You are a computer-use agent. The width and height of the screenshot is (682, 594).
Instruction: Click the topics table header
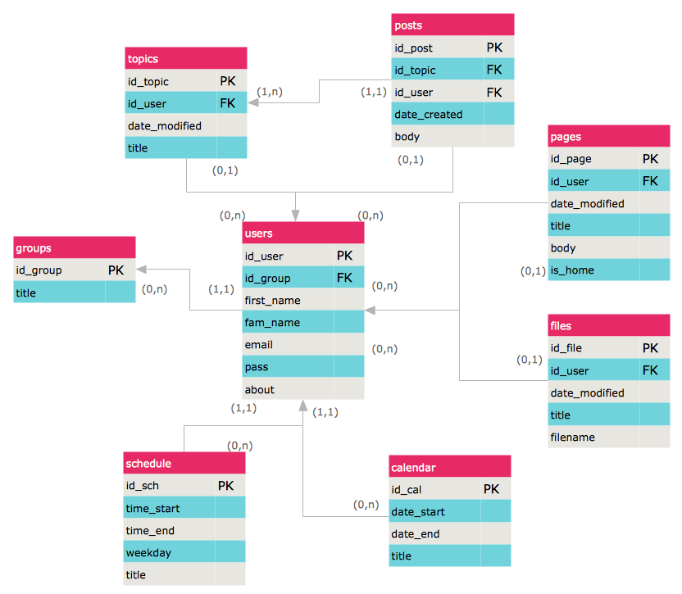pos(186,58)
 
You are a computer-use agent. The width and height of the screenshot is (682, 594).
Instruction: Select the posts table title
pos(408,25)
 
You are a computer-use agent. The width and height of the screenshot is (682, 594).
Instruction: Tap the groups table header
pos(75,247)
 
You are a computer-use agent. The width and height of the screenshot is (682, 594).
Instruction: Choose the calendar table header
pos(450,466)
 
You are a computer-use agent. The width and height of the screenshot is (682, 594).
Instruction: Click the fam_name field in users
pos(272,322)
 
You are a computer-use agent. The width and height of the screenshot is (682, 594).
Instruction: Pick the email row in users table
pos(303,344)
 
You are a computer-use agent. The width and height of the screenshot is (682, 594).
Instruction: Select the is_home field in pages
pos(572,270)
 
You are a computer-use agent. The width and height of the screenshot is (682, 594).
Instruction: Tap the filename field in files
pos(572,437)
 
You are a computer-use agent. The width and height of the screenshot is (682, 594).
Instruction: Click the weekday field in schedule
pos(148,553)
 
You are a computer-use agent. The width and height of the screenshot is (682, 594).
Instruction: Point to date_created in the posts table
pos(429,115)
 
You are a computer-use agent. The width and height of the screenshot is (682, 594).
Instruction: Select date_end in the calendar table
pos(416,533)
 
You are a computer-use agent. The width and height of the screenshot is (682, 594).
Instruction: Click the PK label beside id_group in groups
pos(116,270)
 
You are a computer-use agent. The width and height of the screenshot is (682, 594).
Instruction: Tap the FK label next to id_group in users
pos(344,278)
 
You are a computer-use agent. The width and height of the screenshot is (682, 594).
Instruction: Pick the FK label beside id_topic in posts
pos(494,70)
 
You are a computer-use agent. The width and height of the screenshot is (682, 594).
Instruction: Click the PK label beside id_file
pos(650,348)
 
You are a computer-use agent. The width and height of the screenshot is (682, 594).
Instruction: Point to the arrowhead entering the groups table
pos(141,270)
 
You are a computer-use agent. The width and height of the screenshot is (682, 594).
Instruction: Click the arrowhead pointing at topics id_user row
pos(252,102)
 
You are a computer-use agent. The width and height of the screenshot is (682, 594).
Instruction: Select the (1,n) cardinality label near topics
pos(269,92)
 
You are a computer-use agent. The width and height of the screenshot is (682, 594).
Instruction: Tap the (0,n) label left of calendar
pos(366,505)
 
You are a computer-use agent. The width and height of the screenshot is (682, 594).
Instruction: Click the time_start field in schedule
pos(152,508)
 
